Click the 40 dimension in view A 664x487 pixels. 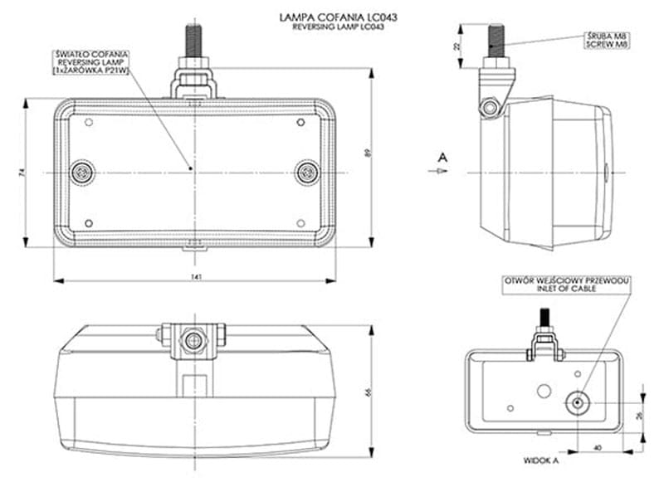[598, 449]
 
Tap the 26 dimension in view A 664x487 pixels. [638, 417]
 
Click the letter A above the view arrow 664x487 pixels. [443, 156]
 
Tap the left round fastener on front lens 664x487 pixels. [81, 172]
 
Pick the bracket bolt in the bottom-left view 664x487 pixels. [195, 341]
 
